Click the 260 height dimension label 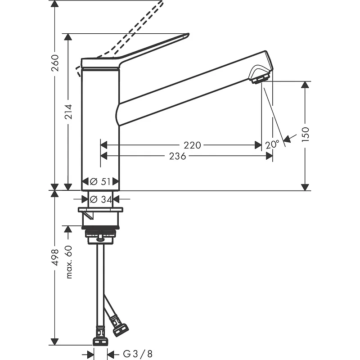pos(55,63)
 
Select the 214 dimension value pos(68,112)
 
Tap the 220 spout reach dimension pos(192,145)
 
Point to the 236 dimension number pos(177,156)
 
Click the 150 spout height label pos(306,134)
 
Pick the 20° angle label pos(272,144)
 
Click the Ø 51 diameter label pos(100,181)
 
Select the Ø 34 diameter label pos(101,199)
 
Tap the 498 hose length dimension pos(55,257)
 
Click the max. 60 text pos(69,262)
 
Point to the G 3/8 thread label pos(138,354)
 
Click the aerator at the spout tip pos(260,79)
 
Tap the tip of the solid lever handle pos(188,34)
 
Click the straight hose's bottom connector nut pos(100,342)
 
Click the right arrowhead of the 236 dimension pos(269,156)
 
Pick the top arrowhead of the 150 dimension pos(305,85)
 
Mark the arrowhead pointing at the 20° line pos(287,139)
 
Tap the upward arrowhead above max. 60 pos(68,229)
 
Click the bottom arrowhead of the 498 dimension pos(54,342)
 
